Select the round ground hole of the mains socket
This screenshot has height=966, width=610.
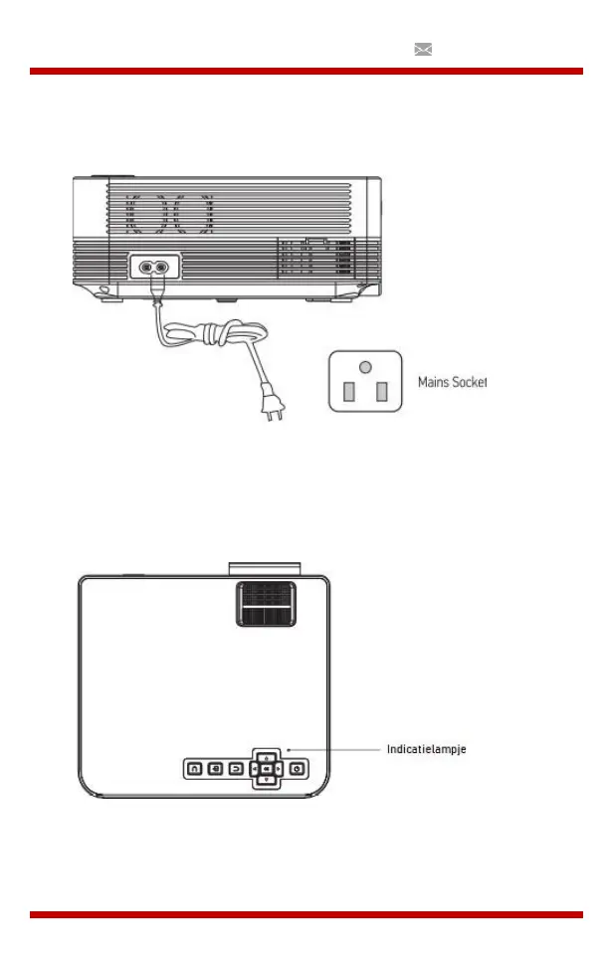tap(365, 367)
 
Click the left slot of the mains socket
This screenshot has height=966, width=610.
tap(348, 391)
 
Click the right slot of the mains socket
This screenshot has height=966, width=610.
tap(381, 391)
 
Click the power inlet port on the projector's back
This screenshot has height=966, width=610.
tap(154, 268)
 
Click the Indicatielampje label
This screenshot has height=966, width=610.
tap(426, 749)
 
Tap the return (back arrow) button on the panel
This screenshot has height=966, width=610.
tap(235, 768)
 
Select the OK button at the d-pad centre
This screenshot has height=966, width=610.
tap(267, 768)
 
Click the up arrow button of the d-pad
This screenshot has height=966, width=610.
tap(267, 756)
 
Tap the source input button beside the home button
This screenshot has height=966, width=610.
tap(214, 768)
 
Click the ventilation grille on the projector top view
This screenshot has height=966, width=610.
tap(268, 604)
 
